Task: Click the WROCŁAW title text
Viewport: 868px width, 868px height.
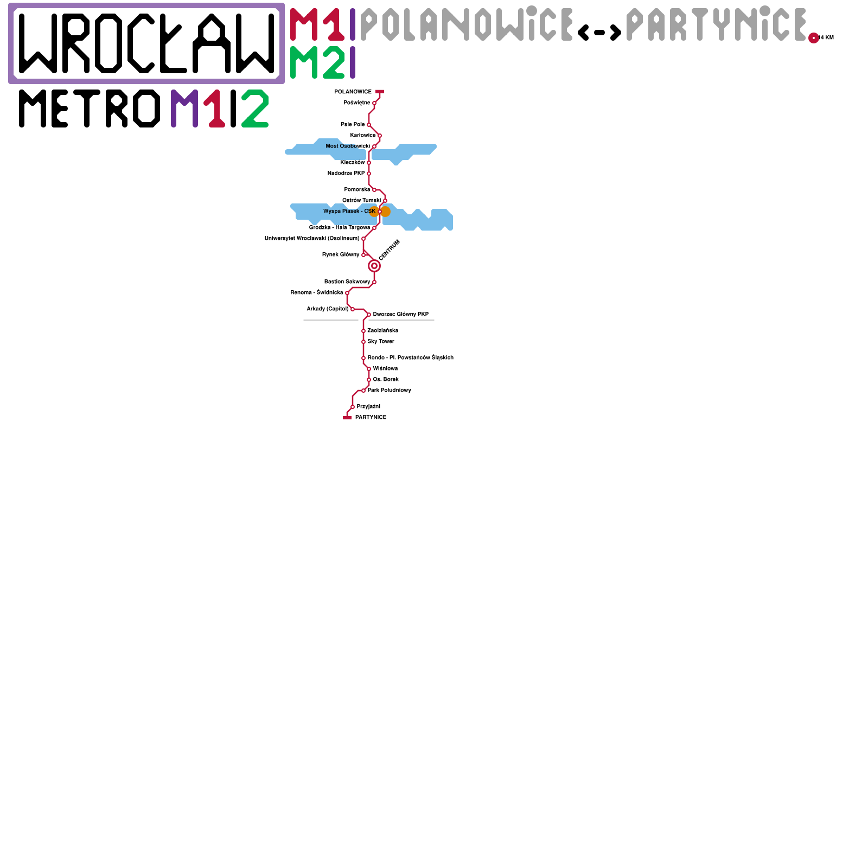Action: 146,43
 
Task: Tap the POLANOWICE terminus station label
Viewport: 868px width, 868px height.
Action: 353,92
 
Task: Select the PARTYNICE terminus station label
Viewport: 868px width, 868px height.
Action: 371,417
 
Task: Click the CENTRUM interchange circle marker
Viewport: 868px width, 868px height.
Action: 374,266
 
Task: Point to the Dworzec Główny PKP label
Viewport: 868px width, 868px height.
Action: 400,314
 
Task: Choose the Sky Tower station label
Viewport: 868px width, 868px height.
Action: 381,341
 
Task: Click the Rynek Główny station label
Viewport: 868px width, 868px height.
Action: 341,254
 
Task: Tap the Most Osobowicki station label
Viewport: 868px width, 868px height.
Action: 348,146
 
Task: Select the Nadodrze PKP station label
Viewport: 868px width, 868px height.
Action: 346,173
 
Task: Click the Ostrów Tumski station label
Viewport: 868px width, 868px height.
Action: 361,200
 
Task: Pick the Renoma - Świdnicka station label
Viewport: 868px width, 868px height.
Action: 317,292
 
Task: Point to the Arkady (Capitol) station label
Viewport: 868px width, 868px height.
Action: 328,309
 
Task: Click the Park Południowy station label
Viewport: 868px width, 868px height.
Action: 390,390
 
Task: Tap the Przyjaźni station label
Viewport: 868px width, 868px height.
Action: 368,406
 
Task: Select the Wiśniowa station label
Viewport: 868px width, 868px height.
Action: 385,368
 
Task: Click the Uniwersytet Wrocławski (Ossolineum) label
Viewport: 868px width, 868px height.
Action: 312,238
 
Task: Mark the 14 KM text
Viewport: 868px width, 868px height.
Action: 827,37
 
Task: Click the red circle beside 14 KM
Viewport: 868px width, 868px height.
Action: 813,38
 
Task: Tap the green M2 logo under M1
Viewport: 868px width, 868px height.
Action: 317,62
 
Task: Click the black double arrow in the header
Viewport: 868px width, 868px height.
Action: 599,33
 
